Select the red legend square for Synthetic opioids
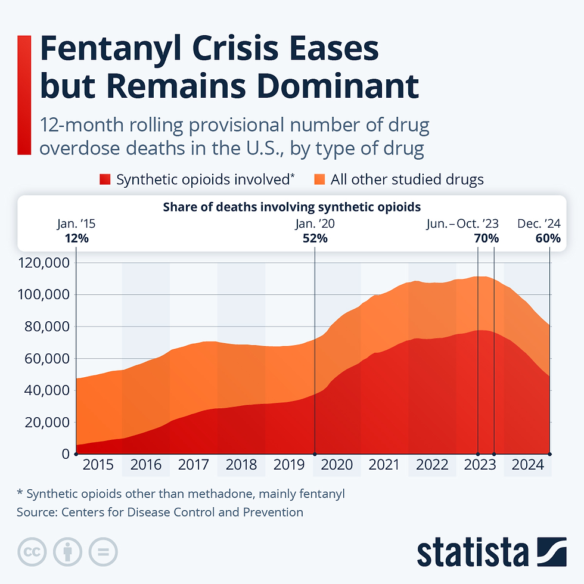click(105, 179)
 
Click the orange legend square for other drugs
click(320, 179)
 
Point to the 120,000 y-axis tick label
click(45, 263)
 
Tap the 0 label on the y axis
click(65, 454)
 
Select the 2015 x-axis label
click(98, 465)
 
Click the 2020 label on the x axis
click(337, 465)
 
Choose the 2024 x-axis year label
click(527, 465)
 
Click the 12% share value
click(76, 238)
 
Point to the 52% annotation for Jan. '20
click(315, 238)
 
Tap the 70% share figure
click(486, 238)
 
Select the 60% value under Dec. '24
click(548, 238)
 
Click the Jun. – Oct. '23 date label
click(462, 224)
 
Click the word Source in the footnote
click(36, 512)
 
